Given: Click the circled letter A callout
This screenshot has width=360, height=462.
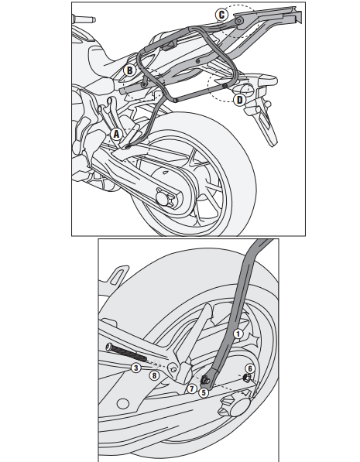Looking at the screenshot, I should tap(117, 133).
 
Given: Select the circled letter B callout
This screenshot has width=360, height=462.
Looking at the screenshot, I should tap(130, 70).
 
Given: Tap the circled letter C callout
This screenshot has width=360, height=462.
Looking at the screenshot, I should tap(221, 13).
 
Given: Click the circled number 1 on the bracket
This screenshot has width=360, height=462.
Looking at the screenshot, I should tap(238, 334).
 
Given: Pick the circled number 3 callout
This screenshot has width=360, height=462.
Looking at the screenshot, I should tap(135, 368).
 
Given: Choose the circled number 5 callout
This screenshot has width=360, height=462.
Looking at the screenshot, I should tap(203, 392).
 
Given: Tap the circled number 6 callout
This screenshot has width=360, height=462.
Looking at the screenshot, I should tap(250, 368).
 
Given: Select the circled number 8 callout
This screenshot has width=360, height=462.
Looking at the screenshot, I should tap(155, 375).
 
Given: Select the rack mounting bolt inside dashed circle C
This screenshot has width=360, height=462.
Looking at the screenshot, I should tap(238, 22).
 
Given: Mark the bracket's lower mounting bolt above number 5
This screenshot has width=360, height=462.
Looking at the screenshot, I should tap(207, 379).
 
